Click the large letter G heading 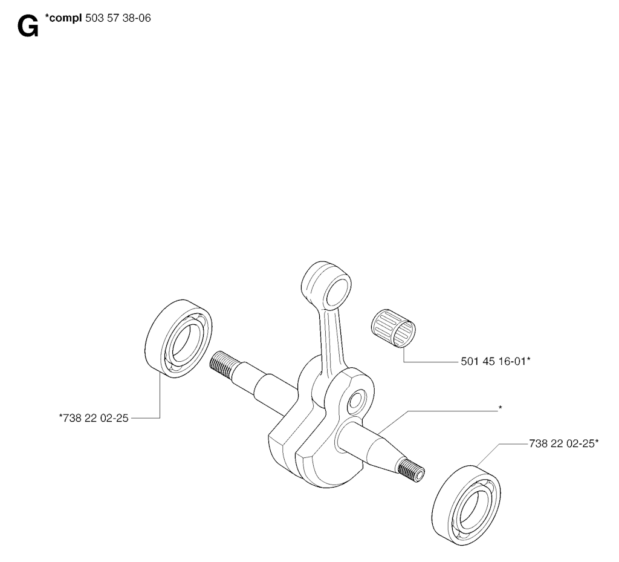[x=28, y=27]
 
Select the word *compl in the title [x=63, y=18]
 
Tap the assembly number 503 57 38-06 [x=118, y=18]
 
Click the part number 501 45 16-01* [x=496, y=361]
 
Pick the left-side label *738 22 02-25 [x=94, y=418]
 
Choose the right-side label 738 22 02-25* [x=564, y=443]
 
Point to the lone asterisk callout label [x=500, y=408]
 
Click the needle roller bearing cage [x=394, y=328]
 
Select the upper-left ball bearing [x=178, y=338]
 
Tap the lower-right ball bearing [x=466, y=506]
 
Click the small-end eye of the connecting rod [x=326, y=285]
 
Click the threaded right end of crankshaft [x=412, y=471]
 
